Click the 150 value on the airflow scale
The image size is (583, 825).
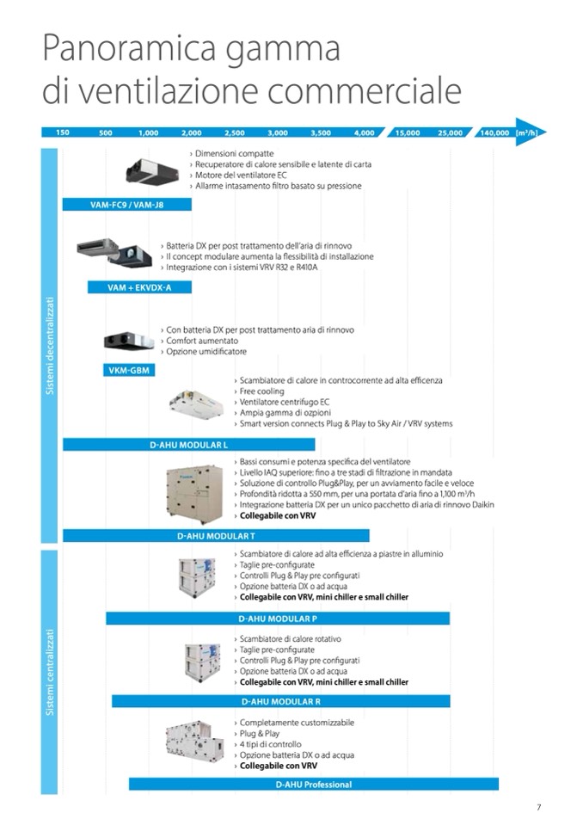[x=63, y=133]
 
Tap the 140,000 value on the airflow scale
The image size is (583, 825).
[x=494, y=133]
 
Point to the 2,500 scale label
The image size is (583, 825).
[x=234, y=133]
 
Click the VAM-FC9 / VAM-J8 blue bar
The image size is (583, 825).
[x=127, y=205]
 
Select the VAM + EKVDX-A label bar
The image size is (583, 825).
[x=139, y=287]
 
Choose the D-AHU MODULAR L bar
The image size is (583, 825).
[x=189, y=445]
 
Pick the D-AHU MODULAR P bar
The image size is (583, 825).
[x=278, y=618]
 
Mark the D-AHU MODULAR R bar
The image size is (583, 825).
[x=281, y=701]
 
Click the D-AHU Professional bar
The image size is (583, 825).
[x=314, y=784]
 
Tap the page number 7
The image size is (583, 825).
[x=538, y=806]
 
